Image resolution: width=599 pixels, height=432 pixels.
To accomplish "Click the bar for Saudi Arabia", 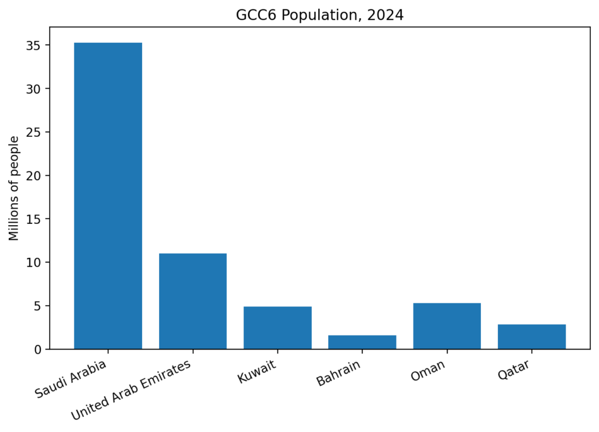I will coord(108,196).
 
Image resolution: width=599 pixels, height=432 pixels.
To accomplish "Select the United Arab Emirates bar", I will coord(192,301).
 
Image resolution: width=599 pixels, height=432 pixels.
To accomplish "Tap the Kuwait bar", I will coord(277,328).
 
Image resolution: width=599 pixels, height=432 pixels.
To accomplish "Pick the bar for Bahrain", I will coord(362,342).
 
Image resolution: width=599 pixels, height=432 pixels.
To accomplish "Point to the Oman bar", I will coord(447,326).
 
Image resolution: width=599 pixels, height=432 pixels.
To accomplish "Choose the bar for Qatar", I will coord(532,337).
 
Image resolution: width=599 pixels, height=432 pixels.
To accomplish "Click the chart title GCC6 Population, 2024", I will coord(319,15).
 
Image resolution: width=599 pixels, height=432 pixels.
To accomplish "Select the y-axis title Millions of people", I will coord(15,188).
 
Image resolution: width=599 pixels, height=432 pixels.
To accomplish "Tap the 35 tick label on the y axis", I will coord(34,46).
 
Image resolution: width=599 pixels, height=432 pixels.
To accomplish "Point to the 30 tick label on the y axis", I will coord(34,89).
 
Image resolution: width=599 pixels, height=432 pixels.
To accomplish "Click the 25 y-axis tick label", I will coord(34,133).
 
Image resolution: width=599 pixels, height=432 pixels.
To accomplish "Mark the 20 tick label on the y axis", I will coord(34,176).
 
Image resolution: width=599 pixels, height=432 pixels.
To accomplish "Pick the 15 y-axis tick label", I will coord(34,219).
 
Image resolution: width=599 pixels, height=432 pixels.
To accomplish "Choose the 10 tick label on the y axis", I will coord(34,262).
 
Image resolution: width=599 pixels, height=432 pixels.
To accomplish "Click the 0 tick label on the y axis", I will coord(38,350).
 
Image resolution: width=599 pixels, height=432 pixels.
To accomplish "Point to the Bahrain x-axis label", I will coord(338,374).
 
